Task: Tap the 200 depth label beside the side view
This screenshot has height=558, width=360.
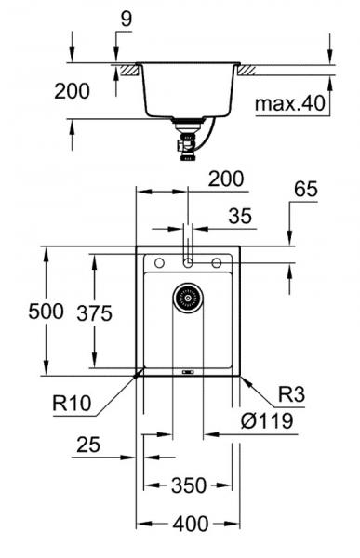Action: click(72, 91)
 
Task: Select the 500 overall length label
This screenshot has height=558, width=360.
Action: click(20, 312)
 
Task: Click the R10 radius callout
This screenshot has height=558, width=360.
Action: click(72, 405)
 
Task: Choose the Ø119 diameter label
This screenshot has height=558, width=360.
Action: click(268, 421)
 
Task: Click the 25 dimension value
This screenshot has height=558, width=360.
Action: click(87, 446)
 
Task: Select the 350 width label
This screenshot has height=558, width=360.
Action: click(188, 485)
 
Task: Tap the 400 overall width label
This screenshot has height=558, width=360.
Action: click(190, 524)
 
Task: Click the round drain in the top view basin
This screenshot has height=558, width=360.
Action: click(187, 298)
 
